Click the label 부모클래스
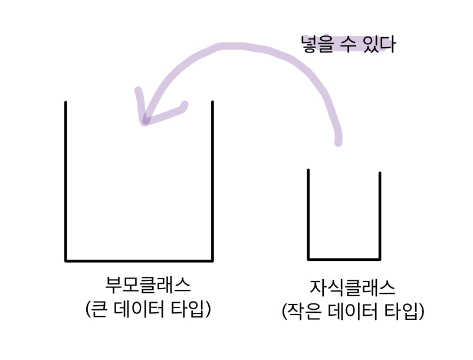148,285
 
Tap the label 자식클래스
352,287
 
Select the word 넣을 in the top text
317,44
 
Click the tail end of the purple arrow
338,142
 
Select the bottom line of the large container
139,260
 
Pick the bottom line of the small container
344,258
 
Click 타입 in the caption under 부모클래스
189,309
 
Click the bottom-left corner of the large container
66,260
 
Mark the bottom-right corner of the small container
379,258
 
